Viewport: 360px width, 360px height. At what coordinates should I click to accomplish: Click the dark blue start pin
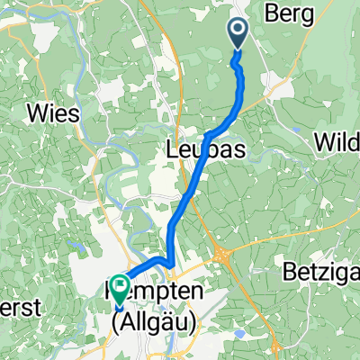pyautogui.click(x=238, y=34)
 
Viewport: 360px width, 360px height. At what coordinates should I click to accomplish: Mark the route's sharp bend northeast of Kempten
pyautogui.click(x=169, y=263)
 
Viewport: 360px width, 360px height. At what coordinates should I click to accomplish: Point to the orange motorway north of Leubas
pyautogui.click(x=184, y=81)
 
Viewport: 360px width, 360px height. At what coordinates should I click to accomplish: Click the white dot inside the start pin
pyautogui.click(x=238, y=30)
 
